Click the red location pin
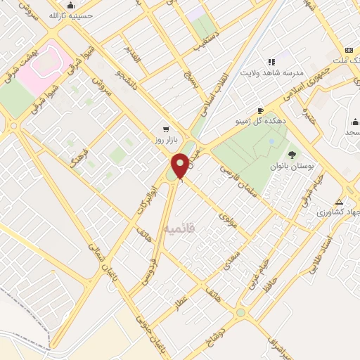pyautogui.click(x=181, y=166)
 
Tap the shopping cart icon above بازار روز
pyautogui.click(x=165, y=129)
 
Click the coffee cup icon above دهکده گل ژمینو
pyautogui.click(x=260, y=110)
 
